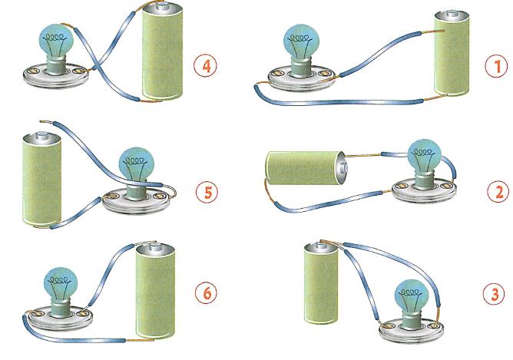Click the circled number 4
(205, 66)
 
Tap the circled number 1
(496, 66)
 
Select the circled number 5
(207, 192)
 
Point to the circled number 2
(498, 191)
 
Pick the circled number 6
(206, 293)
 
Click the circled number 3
(494, 294)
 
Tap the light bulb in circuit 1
(301, 49)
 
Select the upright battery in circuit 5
(41, 179)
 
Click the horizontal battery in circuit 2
(305, 168)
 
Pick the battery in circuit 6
(155, 290)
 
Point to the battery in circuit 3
(321, 282)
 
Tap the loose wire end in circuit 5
(41, 122)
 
